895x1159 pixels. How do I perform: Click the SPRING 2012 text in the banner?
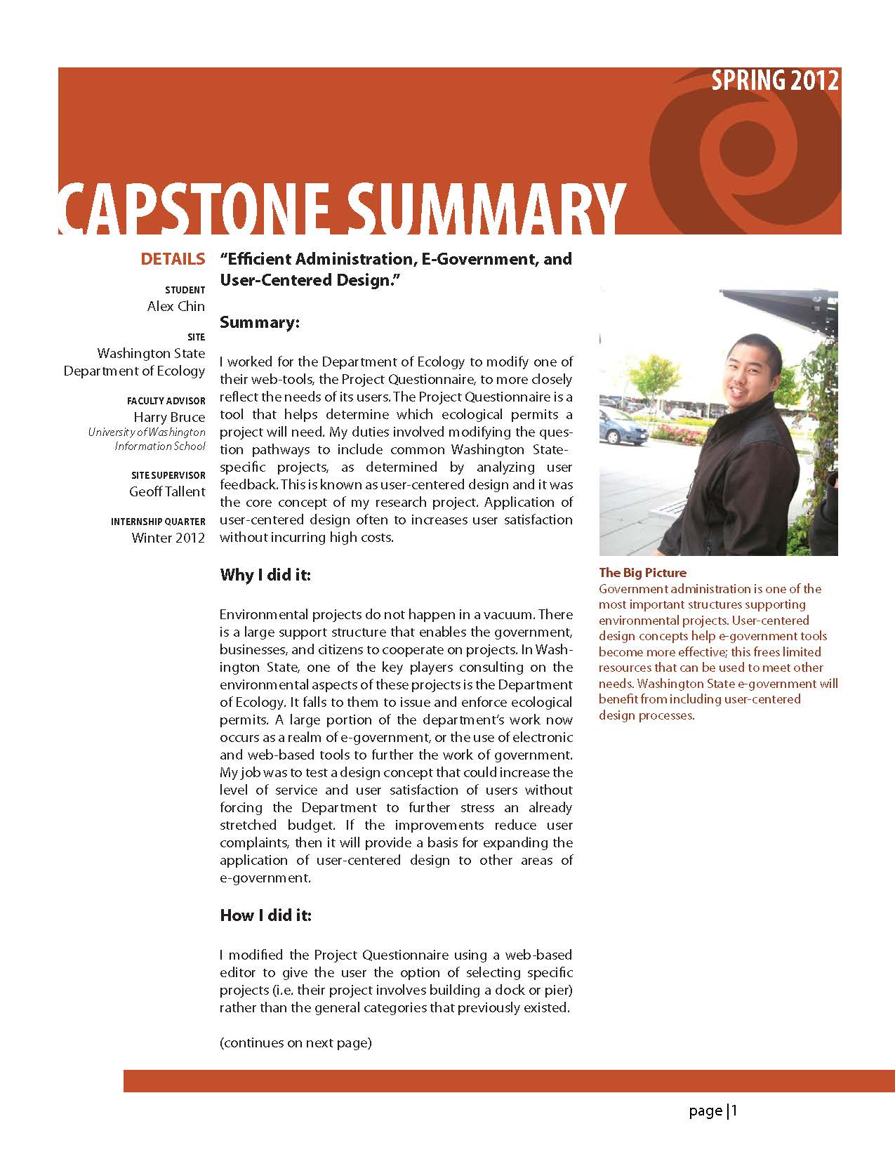(774, 81)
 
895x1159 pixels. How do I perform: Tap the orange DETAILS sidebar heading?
(173, 259)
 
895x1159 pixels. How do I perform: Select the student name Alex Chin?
(176, 306)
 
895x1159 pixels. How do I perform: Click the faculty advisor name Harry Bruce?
(170, 417)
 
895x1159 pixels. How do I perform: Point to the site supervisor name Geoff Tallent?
(167, 491)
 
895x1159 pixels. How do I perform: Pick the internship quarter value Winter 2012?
(168, 538)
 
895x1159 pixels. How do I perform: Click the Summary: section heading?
(260, 322)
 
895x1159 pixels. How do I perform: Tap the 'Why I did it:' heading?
(265, 575)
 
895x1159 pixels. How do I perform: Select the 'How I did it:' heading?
(265, 915)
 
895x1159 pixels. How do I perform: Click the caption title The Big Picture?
(642, 573)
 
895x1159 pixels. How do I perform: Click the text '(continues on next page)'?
(296, 1042)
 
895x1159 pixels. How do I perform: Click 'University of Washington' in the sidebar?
(147, 432)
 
